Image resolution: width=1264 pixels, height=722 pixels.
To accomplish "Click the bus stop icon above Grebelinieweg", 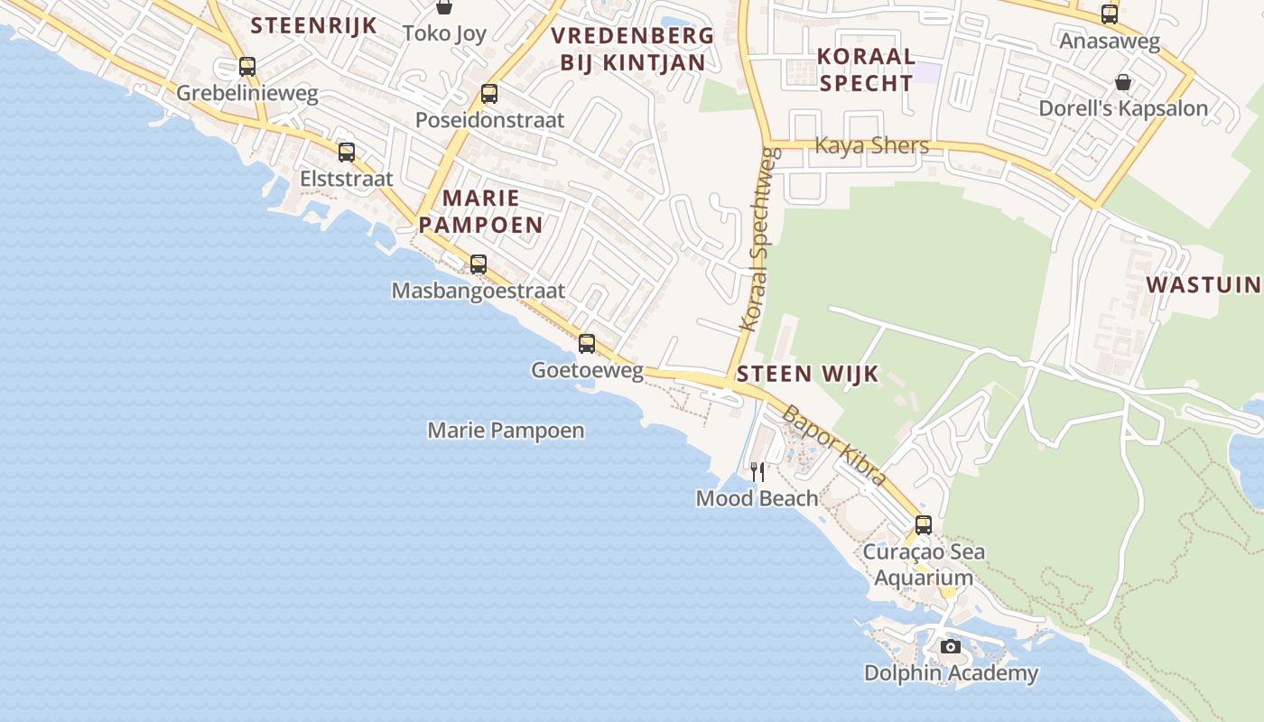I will tap(246, 66).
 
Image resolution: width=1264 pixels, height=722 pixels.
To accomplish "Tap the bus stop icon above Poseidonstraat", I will tap(489, 93).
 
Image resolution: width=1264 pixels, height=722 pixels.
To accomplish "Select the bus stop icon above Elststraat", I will tap(347, 152).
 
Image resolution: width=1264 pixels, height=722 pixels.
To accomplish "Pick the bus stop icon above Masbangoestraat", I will tap(479, 264).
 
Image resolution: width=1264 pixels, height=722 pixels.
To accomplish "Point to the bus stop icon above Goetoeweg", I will tap(587, 343).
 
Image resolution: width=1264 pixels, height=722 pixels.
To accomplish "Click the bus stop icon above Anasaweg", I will tap(1110, 14).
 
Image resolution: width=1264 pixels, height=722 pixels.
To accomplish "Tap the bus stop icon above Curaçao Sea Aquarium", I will tap(924, 524).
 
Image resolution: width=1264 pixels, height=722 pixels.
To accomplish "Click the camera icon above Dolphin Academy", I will tap(951, 646).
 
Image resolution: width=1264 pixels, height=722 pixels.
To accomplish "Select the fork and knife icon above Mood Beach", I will tap(757, 471).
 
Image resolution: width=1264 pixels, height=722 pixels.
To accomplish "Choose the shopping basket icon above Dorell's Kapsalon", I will tap(1123, 82).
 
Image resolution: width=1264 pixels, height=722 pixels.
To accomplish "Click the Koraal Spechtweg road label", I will tap(758, 239).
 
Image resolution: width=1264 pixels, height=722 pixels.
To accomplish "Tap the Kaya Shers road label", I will tap(871, 145).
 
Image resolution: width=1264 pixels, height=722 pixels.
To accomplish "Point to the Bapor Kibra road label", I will tap(832, 445).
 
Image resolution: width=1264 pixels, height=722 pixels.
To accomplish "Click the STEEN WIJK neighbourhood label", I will tap(807, 374).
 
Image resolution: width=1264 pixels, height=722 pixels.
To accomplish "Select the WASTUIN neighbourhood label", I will tap(1204, 285).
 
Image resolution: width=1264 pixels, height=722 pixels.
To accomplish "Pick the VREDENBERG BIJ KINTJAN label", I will tap(632, 49).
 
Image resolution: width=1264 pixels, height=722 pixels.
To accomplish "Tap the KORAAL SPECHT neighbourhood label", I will tap(865, 69).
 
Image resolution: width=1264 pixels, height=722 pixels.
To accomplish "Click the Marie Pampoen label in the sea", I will tap(506, 430).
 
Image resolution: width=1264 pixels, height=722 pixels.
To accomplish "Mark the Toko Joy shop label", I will tap(444, 33).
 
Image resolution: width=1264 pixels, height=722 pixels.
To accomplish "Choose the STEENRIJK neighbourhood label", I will tap(313, 24).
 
